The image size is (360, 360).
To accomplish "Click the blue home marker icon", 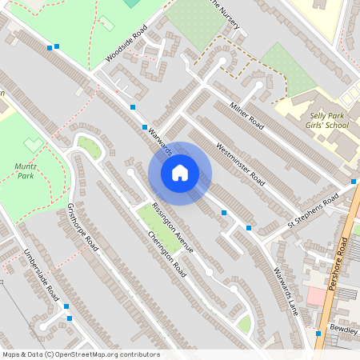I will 180,173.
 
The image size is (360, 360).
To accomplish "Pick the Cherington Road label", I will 167,254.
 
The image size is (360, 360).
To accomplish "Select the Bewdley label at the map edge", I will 344,329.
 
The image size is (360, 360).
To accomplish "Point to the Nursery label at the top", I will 225,7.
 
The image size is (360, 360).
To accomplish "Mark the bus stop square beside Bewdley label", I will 318,333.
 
